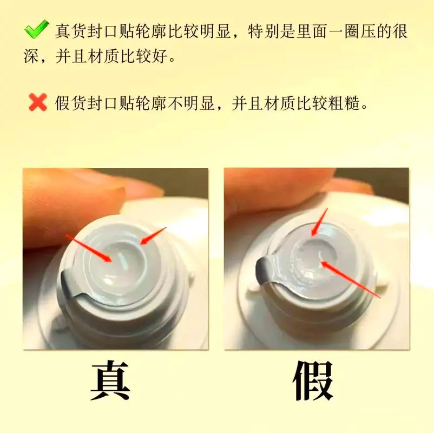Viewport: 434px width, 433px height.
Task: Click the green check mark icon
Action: coord(36,30)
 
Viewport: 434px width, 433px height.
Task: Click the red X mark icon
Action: coord(38,102)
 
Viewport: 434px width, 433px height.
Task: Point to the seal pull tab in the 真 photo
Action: coord(70,281)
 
